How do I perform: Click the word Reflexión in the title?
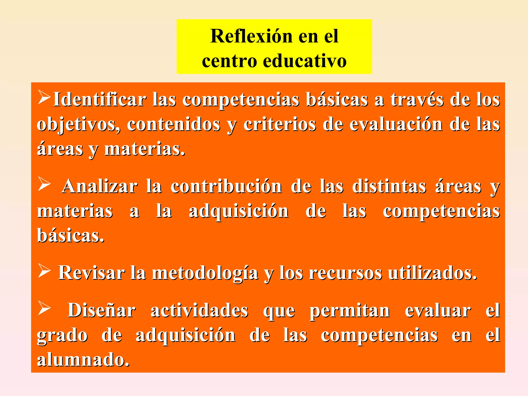tap(252, 36)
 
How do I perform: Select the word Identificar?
tap(100, 100)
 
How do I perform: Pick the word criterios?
tap(279, 124)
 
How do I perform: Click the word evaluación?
tap(396, 124)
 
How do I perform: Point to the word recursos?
tap(345, 273)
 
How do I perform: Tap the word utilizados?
tap(432, 273)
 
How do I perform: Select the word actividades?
tap(199, 310)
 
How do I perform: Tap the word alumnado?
tap(83, 359)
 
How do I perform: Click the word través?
tap(417, 100)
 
